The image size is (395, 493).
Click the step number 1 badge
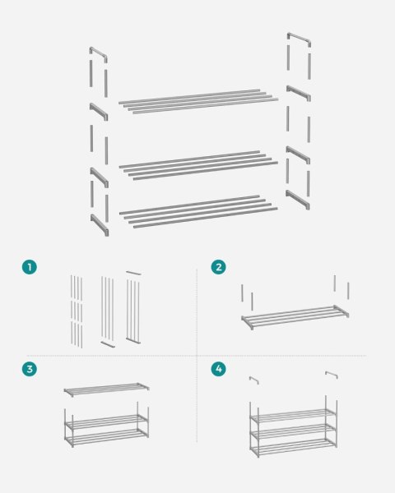(30, 267)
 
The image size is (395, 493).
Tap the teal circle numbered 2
(218, 267)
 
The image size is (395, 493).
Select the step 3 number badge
(30, 368)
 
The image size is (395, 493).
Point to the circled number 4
(218, 368)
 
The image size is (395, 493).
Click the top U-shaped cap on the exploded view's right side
(300, 37)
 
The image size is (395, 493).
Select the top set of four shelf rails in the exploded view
(198, 101)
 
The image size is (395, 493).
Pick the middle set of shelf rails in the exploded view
(198, 165)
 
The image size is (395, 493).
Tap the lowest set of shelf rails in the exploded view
(198, 211)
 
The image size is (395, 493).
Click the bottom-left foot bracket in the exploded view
(100, 225)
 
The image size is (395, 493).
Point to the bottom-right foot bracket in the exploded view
(298, 200)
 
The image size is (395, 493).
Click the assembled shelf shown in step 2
(295, 317)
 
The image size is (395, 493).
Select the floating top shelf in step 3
(106, 389)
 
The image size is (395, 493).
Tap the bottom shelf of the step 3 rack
(106, 438)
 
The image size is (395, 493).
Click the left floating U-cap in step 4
(254, 379)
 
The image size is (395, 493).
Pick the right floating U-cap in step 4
(332, 374)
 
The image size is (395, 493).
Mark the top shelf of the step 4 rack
(294, 416)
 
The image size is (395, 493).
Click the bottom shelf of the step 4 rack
(294, 448)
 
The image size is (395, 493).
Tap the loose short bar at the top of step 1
(133, 273)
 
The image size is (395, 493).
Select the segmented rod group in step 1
(77, 311)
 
